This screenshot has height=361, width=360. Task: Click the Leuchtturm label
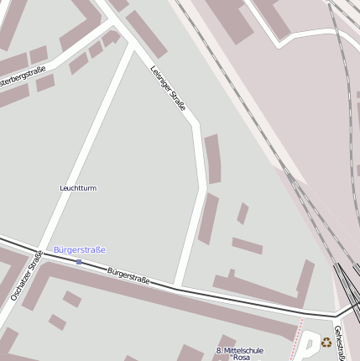pos(78,188)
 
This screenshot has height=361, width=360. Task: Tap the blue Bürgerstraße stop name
pos(80,250)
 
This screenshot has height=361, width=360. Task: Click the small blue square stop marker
pos(79,262)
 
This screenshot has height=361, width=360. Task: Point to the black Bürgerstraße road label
pos(128,275)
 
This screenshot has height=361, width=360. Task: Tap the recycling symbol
pos(326,342)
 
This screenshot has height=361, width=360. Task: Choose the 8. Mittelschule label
pos(239,350)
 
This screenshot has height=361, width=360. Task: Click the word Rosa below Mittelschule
pos(242,358)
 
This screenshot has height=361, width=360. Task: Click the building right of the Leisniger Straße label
pos(212,158)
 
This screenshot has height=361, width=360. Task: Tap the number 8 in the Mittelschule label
pos(218,350)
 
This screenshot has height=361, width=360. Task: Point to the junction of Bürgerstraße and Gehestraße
pos(338,315)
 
